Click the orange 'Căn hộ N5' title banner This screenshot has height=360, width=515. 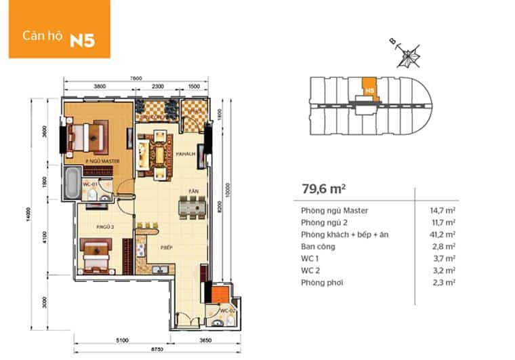pos(56,29)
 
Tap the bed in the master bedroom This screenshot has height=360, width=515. pos(87,136)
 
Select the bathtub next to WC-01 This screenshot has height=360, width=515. pos(71,183)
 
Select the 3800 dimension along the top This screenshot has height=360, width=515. pos(99,87)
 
